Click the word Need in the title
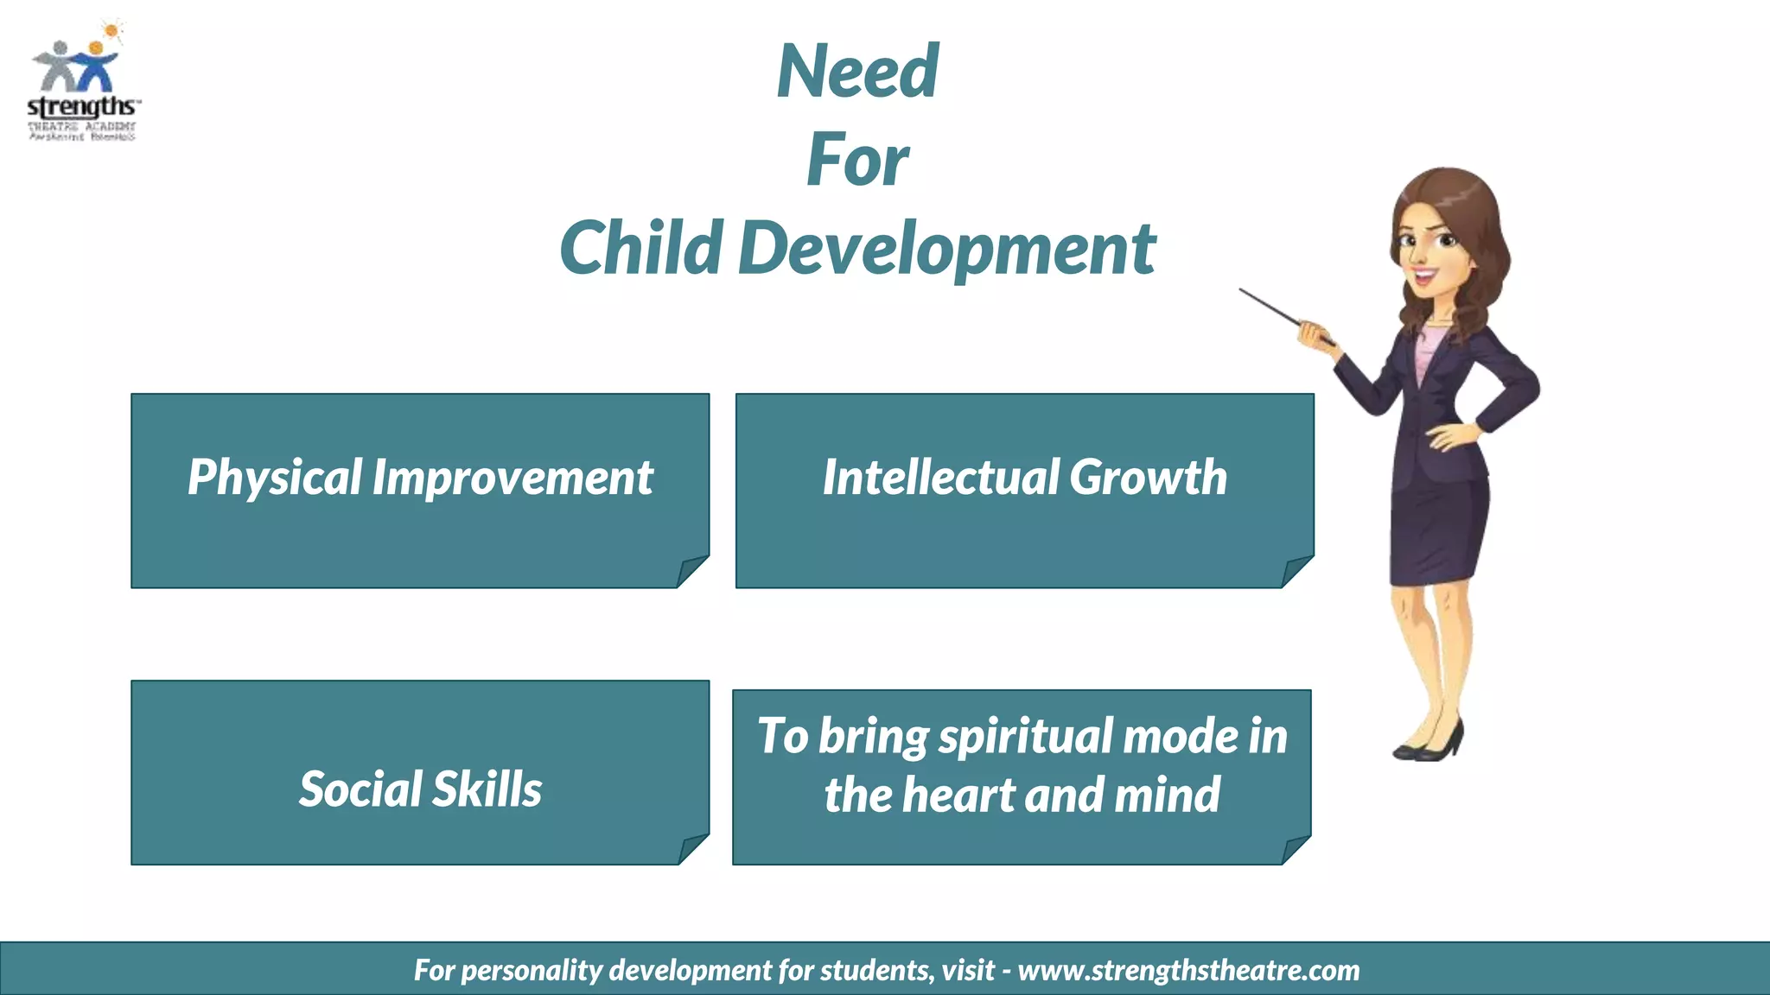click(x=857, y=72)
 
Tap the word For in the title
click(x=857, y=161)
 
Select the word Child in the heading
click(x=640, y=248)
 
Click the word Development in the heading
click(x=946, y=250)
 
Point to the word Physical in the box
click(x=275, y=478)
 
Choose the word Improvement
click(x=513, y=478)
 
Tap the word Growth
click(x=1149, y=477)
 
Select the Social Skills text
click(x=420, y=789)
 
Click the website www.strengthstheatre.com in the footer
click(x=1188, y=970)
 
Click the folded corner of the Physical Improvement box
click(x=692, y=571)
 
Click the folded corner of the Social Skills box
click(x=693, y=848)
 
